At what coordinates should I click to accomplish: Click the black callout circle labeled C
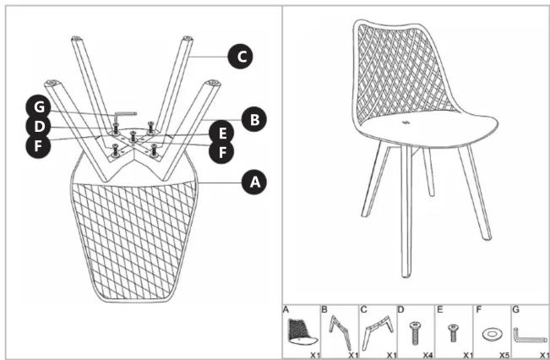click(x=240, y=56)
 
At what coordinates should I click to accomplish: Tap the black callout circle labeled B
click(x=254, y=119)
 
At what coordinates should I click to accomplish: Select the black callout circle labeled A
click(x=254, y=182)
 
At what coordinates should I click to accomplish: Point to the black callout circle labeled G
click(x=39, y=107)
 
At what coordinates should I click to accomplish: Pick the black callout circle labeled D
click(x=39, y=126)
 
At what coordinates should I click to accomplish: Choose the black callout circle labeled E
click(x=221, y=133)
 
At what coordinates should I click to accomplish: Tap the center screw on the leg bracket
click(x=133, y=137)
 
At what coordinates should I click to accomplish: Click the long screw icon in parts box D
click(x=415, y=333)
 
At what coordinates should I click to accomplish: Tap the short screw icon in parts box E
click(x=453, y=333)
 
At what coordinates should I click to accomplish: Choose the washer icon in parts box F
click(x=492, y=334)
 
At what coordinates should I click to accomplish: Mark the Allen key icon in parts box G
click(x=530, y=335)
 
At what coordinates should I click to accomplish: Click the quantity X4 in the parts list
click(x=427, y=355)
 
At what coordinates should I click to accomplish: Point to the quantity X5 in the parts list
click(x=504, y=355)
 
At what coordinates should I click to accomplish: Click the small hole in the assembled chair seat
click(x=406, y=123)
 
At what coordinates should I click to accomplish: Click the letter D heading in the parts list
click(x=401, y=310)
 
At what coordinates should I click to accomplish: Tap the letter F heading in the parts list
click(x=477, y=310)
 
